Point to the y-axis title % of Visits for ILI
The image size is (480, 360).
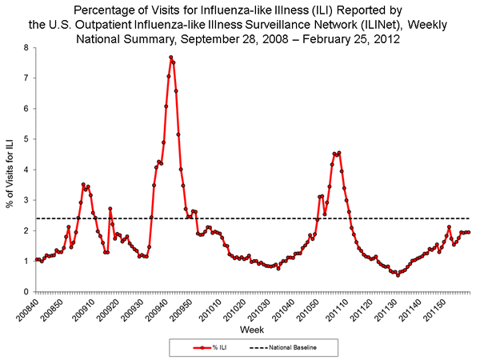(x=10, y=170)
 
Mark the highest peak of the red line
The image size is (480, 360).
(x=171, y=58)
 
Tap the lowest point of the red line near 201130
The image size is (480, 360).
(x=398, y=274)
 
